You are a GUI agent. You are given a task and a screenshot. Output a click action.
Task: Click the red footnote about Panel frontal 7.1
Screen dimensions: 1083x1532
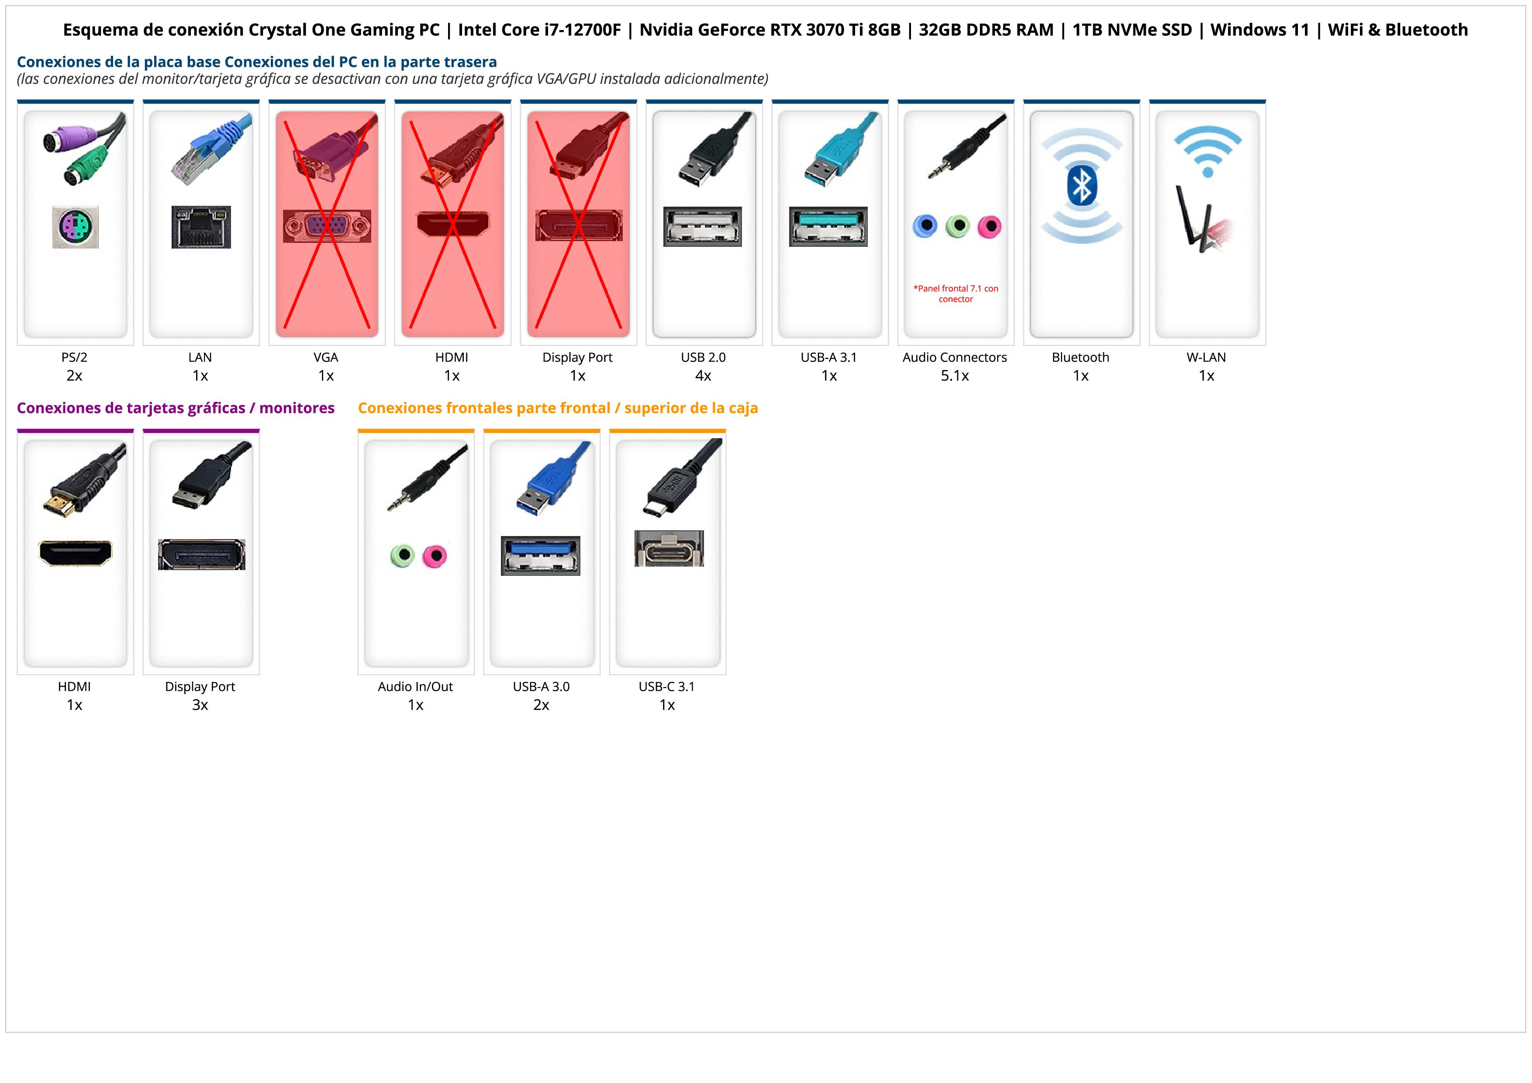(x=956, y=294)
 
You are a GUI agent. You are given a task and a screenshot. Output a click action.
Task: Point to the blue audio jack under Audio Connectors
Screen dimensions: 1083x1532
(x=925, y=226)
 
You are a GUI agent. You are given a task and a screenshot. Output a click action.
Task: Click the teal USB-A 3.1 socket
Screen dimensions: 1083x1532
(x=828, y=226)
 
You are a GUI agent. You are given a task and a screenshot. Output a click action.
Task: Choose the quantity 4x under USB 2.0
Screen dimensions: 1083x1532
(x=703, y=376)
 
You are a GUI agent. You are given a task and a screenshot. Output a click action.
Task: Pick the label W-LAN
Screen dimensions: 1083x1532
(x=1206, y=357)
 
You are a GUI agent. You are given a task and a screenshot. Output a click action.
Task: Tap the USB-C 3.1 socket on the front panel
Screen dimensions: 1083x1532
(x=669, y=549)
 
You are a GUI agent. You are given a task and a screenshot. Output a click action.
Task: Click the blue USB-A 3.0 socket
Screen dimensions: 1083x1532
(x=541, y=555)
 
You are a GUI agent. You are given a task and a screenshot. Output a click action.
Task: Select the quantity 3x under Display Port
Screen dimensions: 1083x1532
(x=200, y=705)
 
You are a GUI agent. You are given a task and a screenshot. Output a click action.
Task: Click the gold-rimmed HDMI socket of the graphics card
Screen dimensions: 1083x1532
(x=76, y=553)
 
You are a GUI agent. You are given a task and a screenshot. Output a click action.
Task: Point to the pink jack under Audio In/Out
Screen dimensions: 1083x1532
(x=435, y=555)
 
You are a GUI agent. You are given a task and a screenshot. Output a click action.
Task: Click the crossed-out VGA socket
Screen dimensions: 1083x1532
(x=326, y=227)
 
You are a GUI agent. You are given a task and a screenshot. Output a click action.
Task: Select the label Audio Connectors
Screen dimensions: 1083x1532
(x=954, y=357)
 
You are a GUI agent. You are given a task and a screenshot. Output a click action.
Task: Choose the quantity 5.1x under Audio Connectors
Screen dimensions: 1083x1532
(x=954, y=376)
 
